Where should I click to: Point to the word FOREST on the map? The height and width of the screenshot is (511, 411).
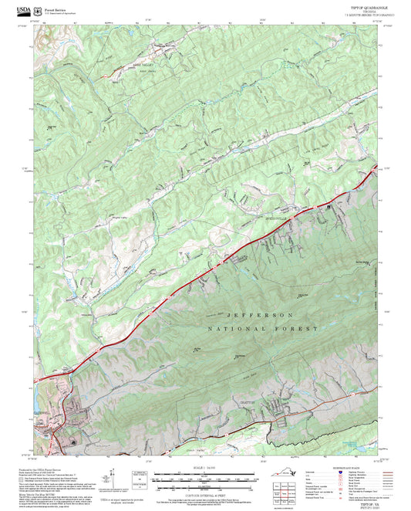301,329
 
